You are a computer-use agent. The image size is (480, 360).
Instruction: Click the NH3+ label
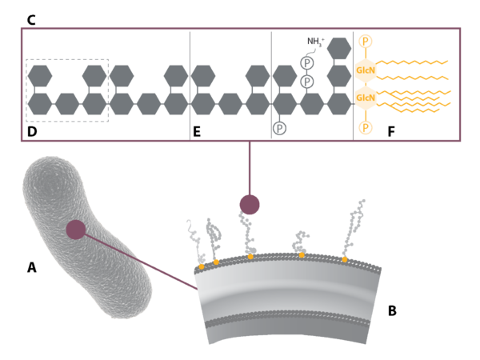pos(317,41)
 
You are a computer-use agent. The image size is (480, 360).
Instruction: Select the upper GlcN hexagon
pos(366,70)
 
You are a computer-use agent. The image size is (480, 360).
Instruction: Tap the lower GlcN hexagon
pos(366,98)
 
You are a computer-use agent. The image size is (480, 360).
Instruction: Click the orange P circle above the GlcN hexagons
pos(366,41)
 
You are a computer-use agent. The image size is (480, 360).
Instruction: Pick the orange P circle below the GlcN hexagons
pos(366,128)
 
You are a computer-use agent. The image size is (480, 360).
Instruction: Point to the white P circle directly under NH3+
pos(307,62)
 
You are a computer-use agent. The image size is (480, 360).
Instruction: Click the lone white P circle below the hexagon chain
pos(279,128)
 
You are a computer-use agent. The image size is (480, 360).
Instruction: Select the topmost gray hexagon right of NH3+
pos(339,48)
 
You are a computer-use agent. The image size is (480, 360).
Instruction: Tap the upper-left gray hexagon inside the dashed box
pos(40,76)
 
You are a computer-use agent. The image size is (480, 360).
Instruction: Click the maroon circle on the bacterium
pos(76,230)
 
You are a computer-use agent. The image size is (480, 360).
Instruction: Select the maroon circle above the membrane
pos(250,205)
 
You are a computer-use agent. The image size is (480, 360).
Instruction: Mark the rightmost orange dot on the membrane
pos(345,259)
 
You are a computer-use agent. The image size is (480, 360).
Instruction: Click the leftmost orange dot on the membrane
pos(201,266)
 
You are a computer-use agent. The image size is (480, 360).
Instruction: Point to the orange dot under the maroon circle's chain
pos(250,257)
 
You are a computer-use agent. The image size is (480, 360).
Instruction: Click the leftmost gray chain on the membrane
pos(194,240)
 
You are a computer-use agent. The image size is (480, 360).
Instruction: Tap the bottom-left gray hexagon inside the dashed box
pos(40,104)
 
